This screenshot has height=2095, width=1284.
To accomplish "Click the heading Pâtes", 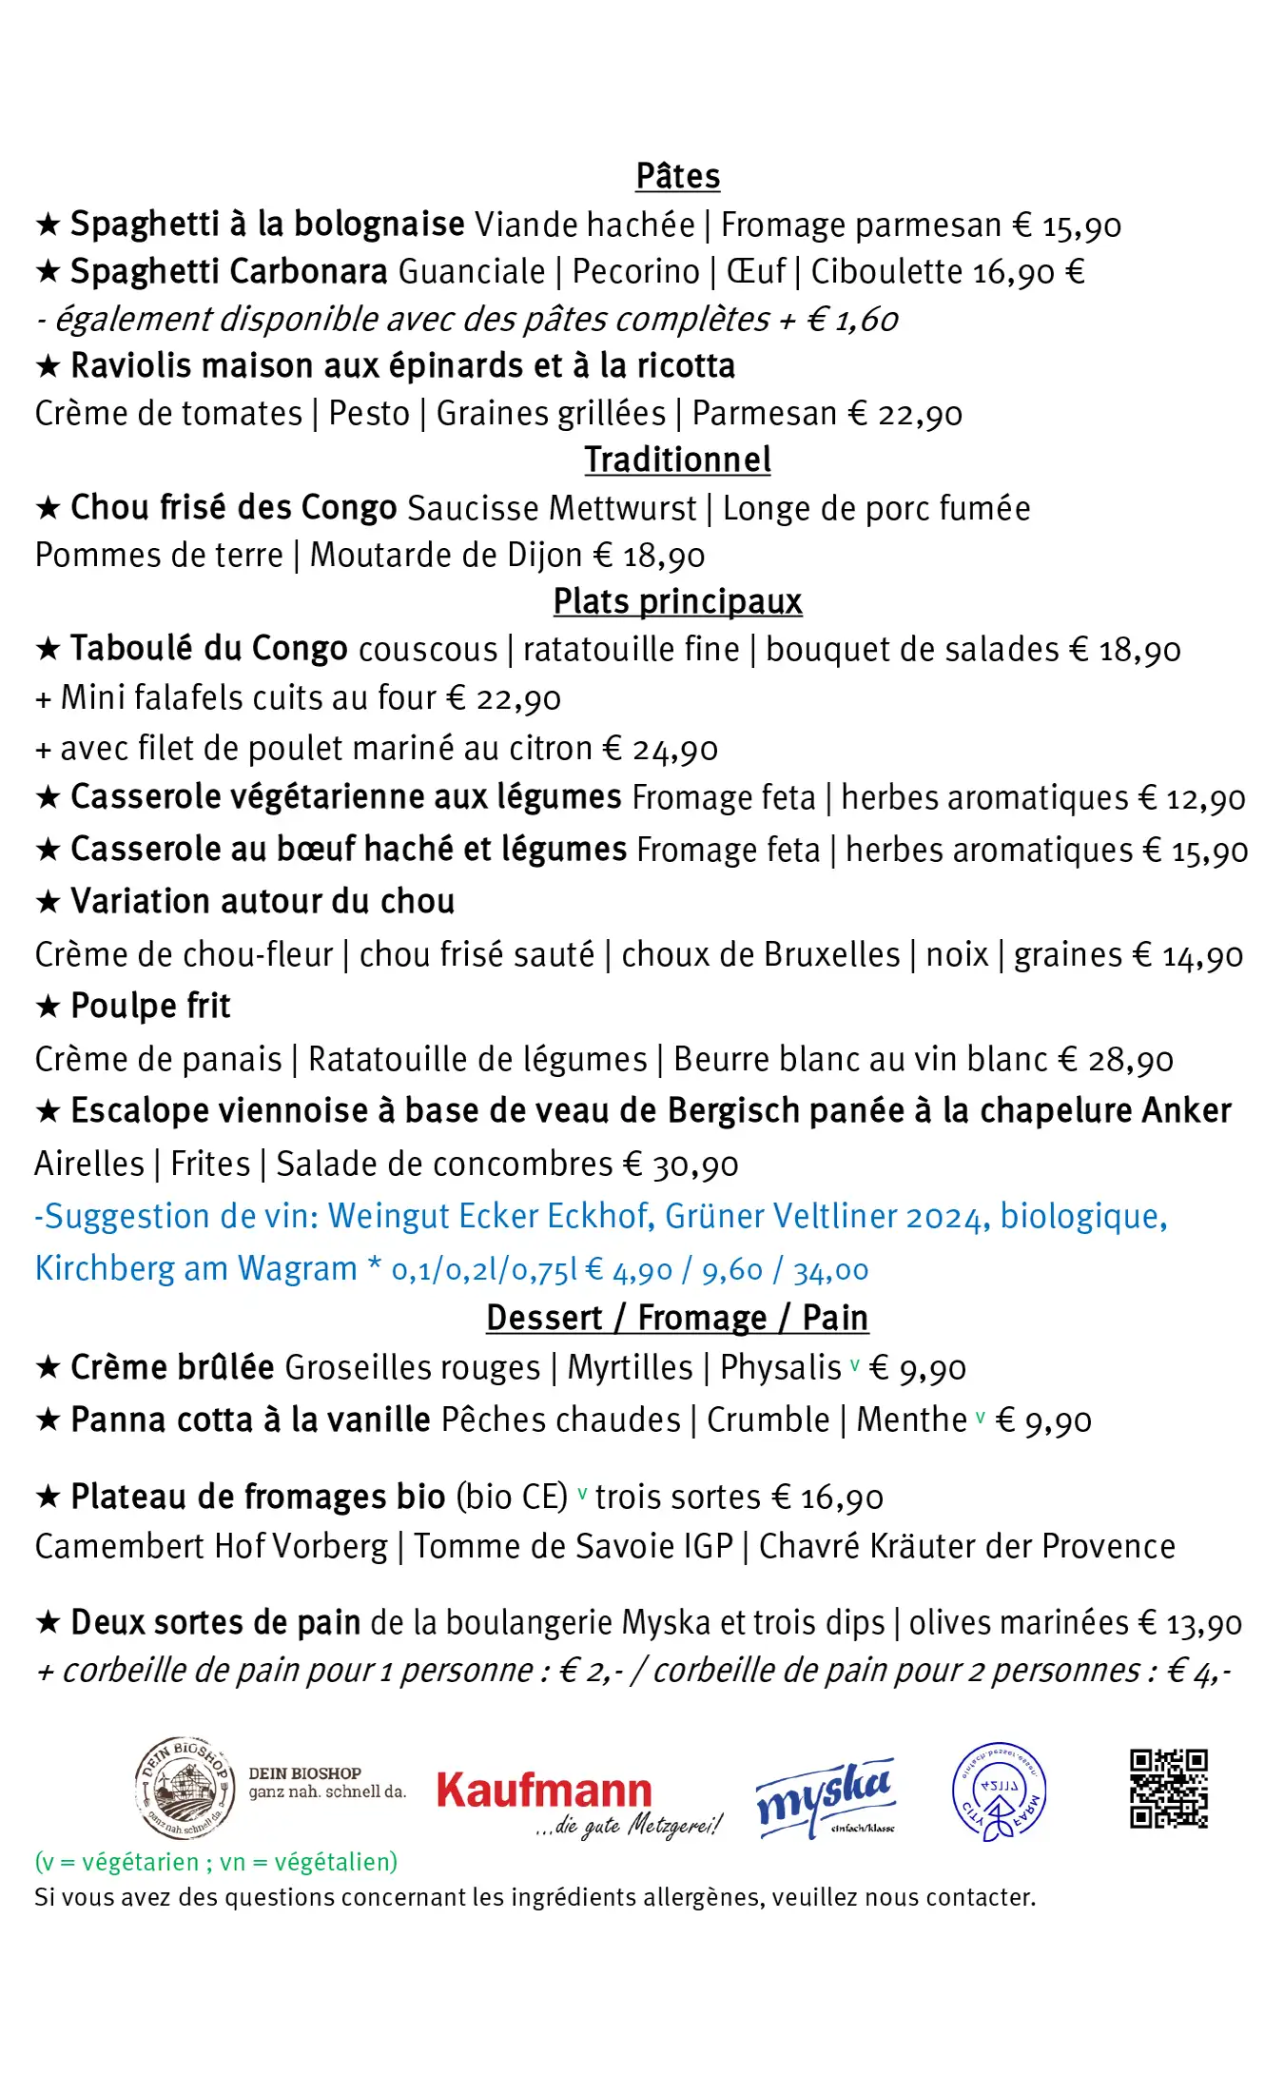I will click(x=677, y=177).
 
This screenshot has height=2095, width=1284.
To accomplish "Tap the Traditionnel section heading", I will click(x=677, y=460).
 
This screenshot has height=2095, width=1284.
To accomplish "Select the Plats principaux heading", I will click(x=677, y=602).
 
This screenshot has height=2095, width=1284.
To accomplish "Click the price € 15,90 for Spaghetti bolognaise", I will click(x=1066, y=225).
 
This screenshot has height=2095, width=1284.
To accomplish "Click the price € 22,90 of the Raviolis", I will click(x=905, y=414).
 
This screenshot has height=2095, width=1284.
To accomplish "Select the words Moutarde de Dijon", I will click(x=446, y=556).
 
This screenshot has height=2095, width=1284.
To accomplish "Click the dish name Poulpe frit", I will click(x=150, y=1007).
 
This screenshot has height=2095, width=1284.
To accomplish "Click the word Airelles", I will click(x=89, y=1165).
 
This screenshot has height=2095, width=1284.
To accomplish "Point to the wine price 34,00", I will click(x=830, y=1270).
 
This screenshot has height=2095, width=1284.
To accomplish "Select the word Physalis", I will click(x=781, y=1368).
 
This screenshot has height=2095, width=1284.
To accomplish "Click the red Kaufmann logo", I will click(x=545, y=1792).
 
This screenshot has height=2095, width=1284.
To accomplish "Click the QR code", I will click(x=1169, y=1789).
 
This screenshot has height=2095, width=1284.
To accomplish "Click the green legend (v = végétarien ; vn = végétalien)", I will click(x=216, y=1862).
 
